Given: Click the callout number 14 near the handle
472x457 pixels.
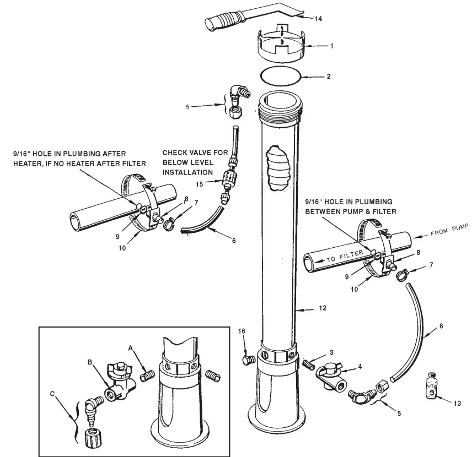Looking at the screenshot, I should (x=317, y=19).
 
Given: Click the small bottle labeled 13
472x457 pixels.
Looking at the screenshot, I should (x=431, y=386).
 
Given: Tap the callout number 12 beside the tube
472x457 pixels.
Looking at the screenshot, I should (x=323, y=308).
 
